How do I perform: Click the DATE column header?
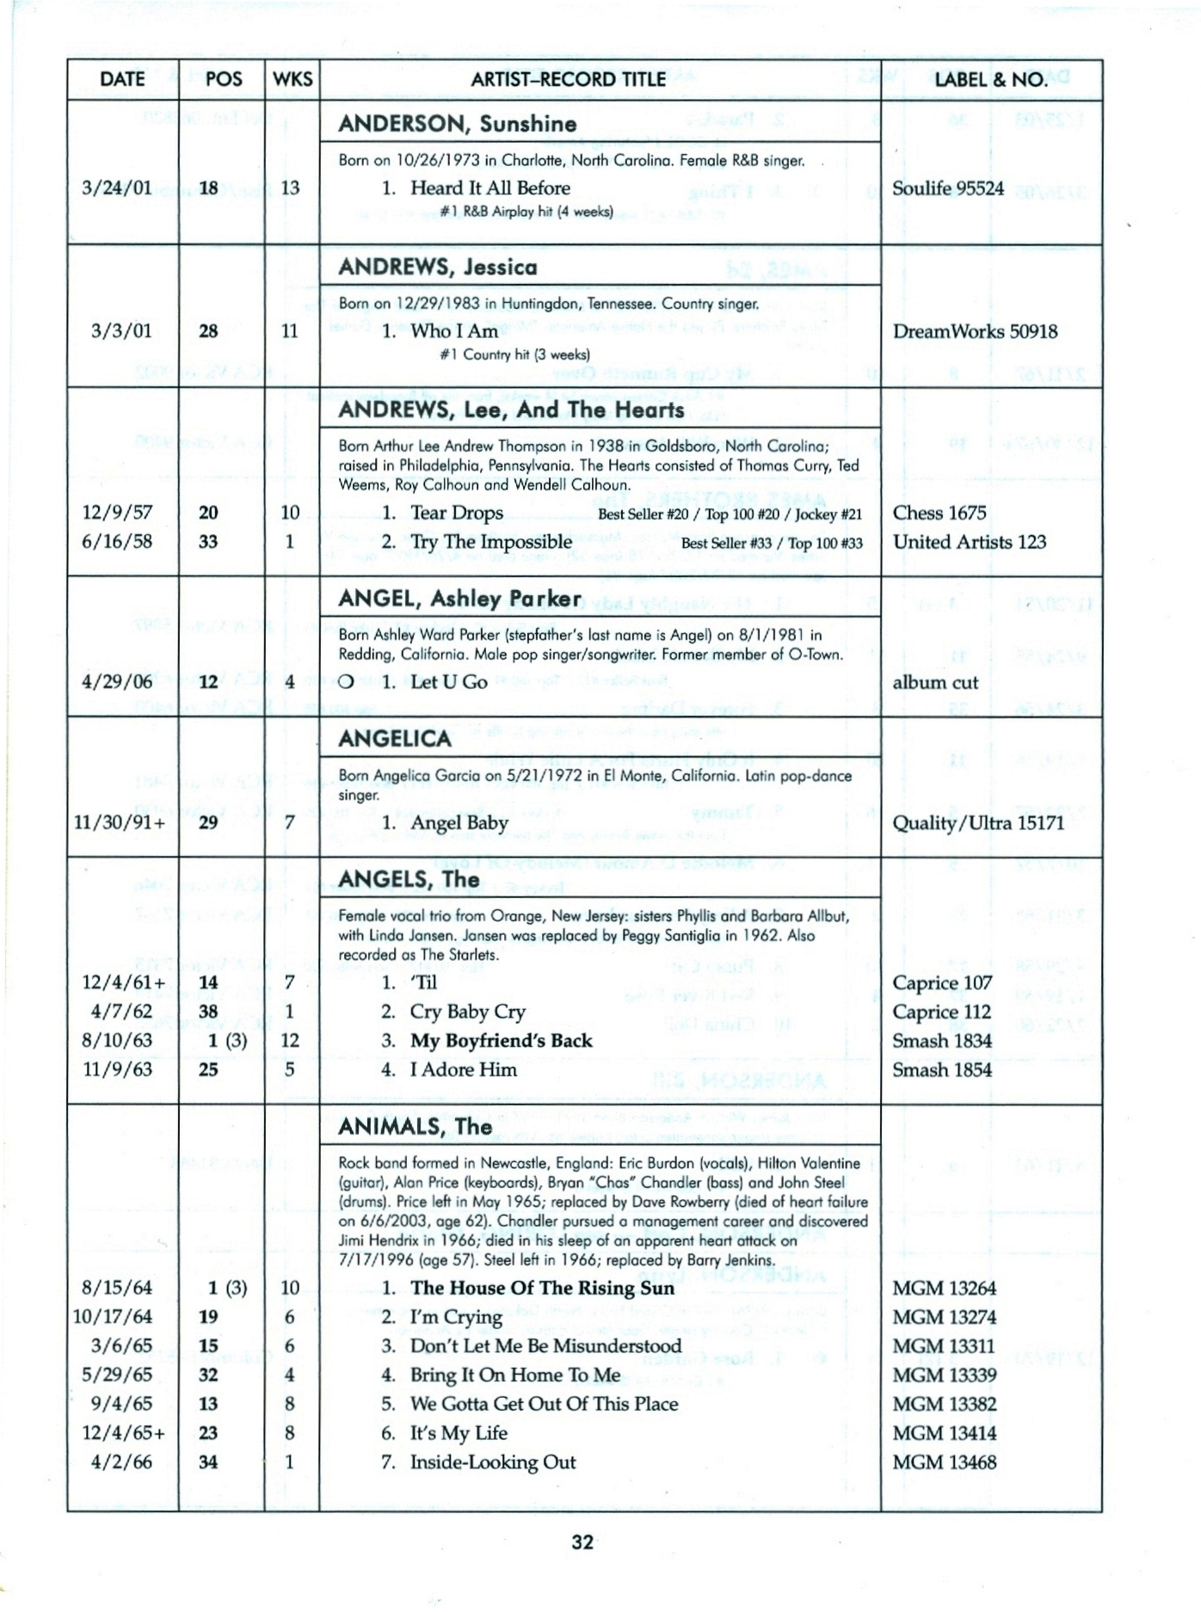click(122, 79)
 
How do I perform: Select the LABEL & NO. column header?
click(991, 80)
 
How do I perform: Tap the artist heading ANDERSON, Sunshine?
click(457, 124)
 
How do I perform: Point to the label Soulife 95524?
click(948, 188)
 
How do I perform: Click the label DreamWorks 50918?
click(975, 331)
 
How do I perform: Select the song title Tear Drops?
click(456, 513)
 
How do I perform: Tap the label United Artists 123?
click(970, 542)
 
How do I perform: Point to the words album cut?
click(935, 682)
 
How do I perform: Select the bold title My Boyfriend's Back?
click(501, 1041)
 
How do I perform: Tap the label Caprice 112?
click(942, 1012)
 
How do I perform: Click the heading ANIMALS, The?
click(415, 1127)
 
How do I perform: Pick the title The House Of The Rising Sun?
click(542, 1288)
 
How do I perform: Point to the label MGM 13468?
click(944, 1462)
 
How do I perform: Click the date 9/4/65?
click(121, 1404)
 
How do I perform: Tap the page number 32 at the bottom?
click(582, 1541)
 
